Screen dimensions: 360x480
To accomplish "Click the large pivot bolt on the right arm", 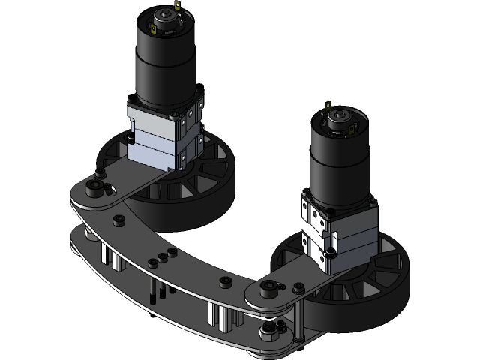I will point(269,287).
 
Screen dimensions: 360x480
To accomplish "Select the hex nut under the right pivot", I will point(268,330).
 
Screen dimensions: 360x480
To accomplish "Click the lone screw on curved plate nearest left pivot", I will point(118,222).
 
